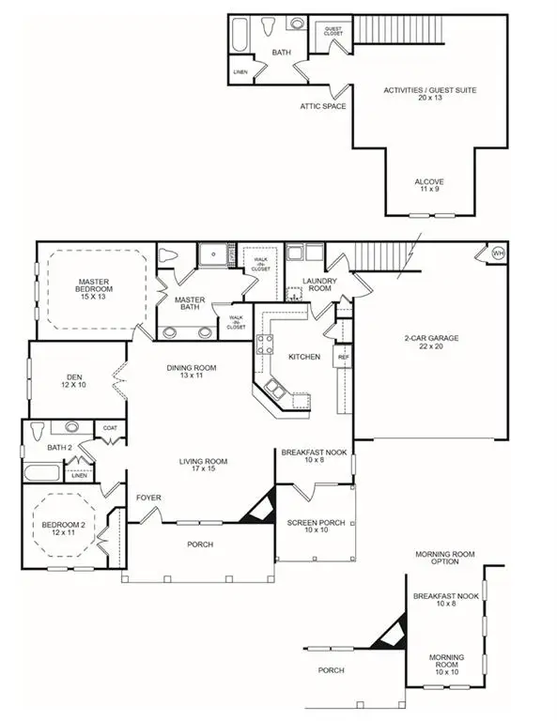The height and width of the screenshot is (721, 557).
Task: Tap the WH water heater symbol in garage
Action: point(497,253)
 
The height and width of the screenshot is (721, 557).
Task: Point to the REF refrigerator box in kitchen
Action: point(343,357)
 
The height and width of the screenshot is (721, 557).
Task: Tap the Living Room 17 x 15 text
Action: point(204,466)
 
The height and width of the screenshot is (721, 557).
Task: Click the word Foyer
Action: point(148,498)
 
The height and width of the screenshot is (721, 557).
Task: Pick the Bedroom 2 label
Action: point(64,530)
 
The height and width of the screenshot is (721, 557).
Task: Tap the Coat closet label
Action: point(110,429)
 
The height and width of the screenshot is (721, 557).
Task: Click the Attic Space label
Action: point(322,106)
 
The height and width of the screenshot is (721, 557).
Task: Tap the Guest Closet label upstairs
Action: point(333,30)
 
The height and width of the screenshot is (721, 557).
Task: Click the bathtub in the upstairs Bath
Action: point(239,39)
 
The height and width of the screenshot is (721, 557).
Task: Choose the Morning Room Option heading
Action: point(437,558)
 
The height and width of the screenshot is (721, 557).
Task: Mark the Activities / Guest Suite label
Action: point(429,94)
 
